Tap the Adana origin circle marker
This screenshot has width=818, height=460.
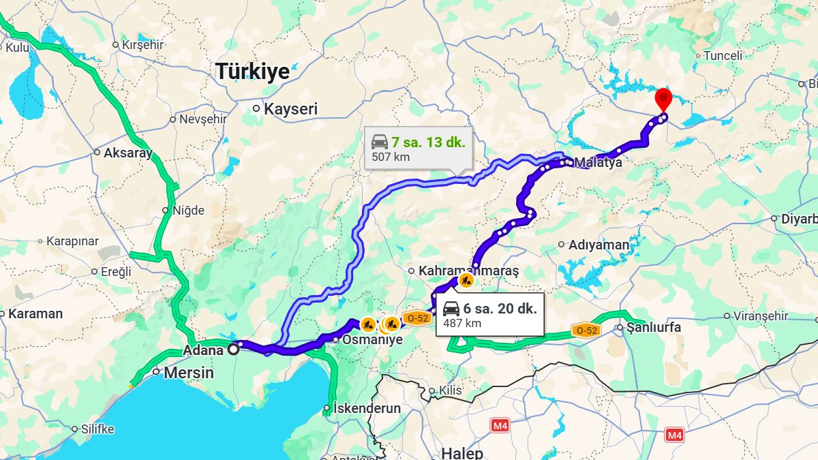coord(233,349)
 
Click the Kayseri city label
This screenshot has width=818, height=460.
coord(290,109)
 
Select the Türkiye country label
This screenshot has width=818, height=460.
coord(252,72)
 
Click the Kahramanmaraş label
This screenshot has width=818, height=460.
coord(468,271)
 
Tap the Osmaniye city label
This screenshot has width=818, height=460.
coord(372,339)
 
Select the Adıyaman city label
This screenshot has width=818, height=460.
coord(599,245)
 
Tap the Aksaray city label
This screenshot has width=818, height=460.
coord(127,153)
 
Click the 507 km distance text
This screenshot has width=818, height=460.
coord(391,157)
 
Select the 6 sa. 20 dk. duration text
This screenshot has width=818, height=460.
coord(500,308)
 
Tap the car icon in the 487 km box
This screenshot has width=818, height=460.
coord(451,309)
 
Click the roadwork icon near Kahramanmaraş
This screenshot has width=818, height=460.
coord(466,279)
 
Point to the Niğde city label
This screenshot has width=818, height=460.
coord(188,211)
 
